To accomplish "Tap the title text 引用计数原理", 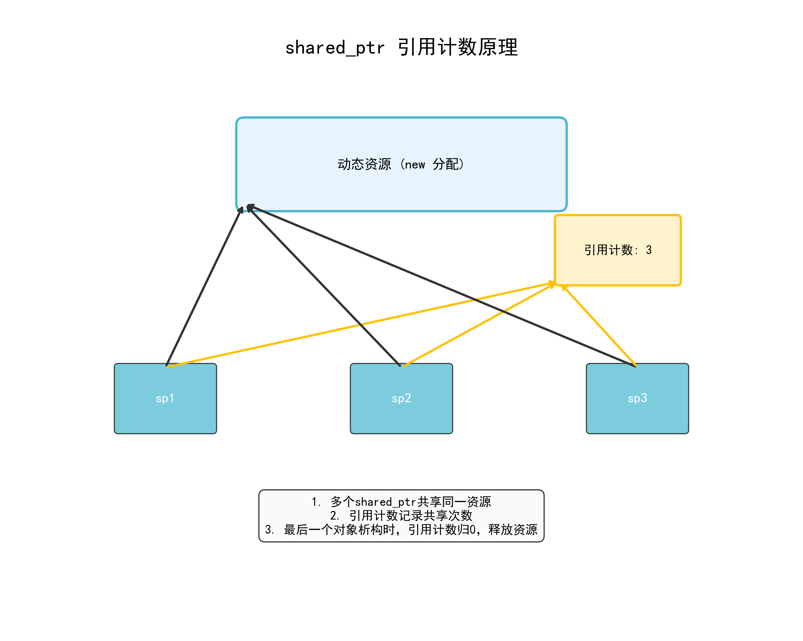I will click(x=458, y=48).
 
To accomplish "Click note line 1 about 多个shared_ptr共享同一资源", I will click(x=401, y=502).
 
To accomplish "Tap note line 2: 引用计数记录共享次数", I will click(x=401, y=516).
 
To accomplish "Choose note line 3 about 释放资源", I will click(x=401, y=530).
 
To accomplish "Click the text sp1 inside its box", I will click(x=165, y=398).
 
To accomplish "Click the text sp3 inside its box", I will click(x=637, y=398).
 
